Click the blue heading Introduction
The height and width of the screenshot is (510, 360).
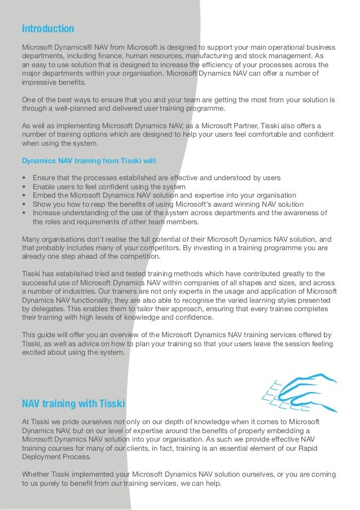(48, 28)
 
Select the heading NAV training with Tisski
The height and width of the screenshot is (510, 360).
(73, 404)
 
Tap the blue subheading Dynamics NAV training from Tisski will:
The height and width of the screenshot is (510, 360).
(90, 160)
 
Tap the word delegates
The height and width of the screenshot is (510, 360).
(49, 310)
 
